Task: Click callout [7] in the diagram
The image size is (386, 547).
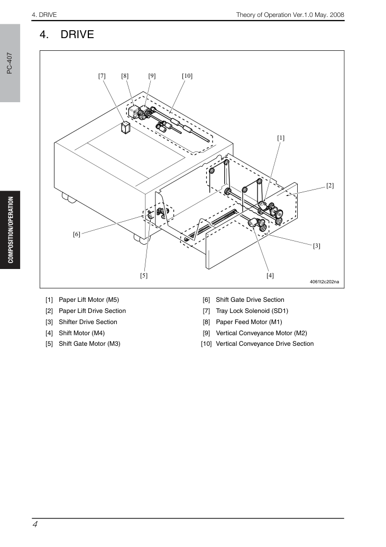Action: [102, 76]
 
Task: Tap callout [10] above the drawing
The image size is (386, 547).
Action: [187, 76]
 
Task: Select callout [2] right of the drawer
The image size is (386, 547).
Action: [330, 185]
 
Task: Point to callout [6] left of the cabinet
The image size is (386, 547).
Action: [77, 234]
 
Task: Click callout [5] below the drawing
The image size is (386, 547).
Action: [144, 275]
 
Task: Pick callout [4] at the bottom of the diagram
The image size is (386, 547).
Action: [270, 275]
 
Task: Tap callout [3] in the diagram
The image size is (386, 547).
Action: [316, 246]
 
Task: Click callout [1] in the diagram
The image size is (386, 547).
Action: [281, 138]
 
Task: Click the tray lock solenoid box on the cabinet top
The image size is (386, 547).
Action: [125, 127]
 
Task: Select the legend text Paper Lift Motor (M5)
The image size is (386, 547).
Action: [89, 300]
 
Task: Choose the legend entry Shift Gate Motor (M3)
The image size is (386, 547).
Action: [89, 344]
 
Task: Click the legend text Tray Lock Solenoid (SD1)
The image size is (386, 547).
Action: [252, 311]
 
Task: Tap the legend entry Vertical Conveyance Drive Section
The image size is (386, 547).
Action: [265, 344]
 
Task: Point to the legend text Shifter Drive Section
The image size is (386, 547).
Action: [88, 322]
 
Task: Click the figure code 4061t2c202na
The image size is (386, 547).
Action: [324, 282]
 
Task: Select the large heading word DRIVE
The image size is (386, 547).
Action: [77, 34]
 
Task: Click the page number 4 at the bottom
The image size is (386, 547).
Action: [35, 524]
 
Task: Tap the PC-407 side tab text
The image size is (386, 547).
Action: [10, 63]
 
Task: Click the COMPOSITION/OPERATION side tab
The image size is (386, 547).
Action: [11, 230]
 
